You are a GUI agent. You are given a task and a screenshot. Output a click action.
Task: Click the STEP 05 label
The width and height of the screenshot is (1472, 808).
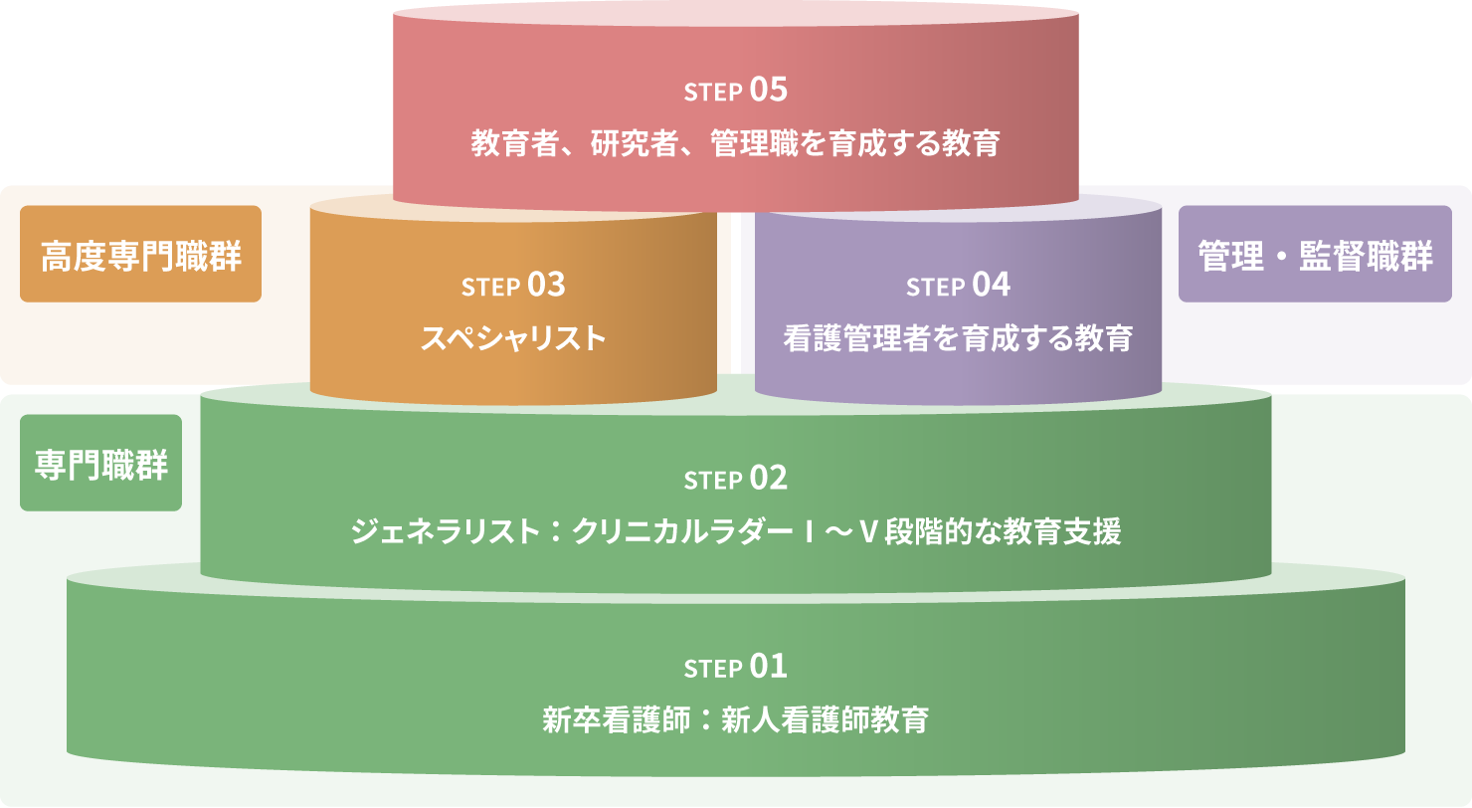735,91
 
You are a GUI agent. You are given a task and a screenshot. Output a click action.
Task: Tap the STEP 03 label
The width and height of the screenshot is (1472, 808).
513,286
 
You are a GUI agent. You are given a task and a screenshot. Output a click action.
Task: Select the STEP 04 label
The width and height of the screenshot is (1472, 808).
958,286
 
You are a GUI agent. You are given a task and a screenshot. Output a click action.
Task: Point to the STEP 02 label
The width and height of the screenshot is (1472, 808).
735,479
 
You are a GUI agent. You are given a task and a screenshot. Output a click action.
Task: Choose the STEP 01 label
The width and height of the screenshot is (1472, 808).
735,666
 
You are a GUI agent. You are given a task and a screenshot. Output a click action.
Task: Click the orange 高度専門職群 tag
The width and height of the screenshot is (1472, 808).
140,254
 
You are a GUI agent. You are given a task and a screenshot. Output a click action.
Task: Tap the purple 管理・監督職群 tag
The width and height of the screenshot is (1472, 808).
1315,254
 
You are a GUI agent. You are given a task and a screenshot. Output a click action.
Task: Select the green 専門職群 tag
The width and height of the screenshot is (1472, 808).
100,463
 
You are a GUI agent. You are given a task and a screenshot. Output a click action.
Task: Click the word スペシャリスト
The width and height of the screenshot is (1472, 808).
513,338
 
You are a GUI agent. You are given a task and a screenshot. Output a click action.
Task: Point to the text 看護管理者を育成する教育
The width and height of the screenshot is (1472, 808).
958,338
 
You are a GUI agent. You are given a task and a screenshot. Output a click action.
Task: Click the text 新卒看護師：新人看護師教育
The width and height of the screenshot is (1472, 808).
735,719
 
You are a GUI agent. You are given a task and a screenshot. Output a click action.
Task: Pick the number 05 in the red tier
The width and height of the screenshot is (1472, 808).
768,90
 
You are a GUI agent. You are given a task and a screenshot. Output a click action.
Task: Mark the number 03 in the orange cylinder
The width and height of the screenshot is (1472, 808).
546,285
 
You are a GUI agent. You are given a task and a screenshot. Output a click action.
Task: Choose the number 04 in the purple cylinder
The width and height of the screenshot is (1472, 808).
991,285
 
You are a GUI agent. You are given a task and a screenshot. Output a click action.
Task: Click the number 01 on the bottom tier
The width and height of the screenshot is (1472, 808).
768,665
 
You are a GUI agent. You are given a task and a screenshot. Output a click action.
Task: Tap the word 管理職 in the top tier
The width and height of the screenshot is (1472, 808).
748,144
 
